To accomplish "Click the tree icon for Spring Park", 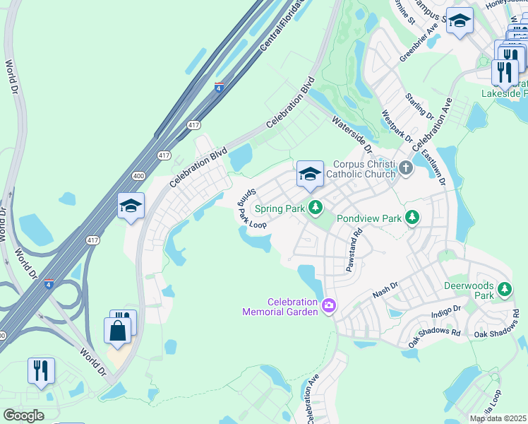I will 316,208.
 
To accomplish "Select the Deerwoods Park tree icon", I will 505,289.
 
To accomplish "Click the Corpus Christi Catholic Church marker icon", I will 405,168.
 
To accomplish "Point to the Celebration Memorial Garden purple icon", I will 328,306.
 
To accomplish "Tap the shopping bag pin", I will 117,331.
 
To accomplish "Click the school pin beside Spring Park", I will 310,175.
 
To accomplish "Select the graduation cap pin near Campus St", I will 460,20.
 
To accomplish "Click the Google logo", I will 23,416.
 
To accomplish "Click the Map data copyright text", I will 498,418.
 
